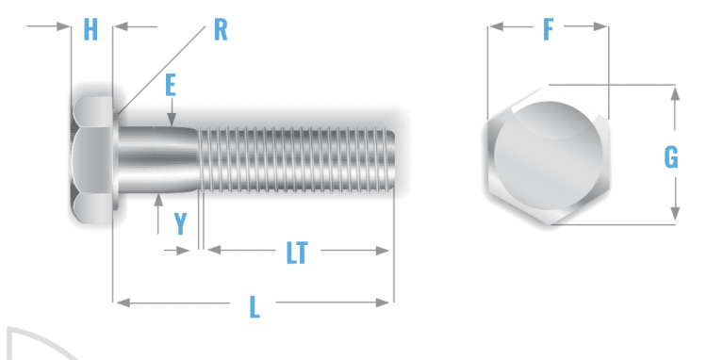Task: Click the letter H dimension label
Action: coord(90,29)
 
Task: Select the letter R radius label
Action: coord(220,29)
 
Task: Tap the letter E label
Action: coord(171,87)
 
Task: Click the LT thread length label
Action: coord(297,252)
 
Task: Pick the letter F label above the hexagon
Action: coord(548,30)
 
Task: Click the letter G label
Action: coord(670,157)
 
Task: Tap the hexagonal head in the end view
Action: coord(548,157)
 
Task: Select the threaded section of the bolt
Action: coord(297,157)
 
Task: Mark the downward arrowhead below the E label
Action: coord(172,120)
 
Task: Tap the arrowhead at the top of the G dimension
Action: coord(675,91)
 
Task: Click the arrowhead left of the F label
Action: coord(495,28)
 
